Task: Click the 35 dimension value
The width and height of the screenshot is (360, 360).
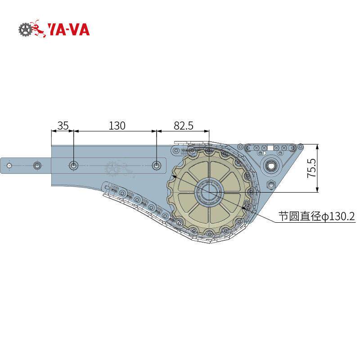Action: (63, 126)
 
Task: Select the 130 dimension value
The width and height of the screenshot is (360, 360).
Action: (117, 126)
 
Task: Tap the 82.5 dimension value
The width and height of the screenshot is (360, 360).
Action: (184, 126)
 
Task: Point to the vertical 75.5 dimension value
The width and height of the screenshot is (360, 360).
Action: (312, 168)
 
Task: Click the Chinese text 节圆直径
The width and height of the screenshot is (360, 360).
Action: (300, 216)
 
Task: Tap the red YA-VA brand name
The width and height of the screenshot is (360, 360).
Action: (68, 30)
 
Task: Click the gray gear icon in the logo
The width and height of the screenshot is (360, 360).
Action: (25, 29)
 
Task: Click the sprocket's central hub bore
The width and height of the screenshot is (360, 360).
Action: (209, 192)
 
